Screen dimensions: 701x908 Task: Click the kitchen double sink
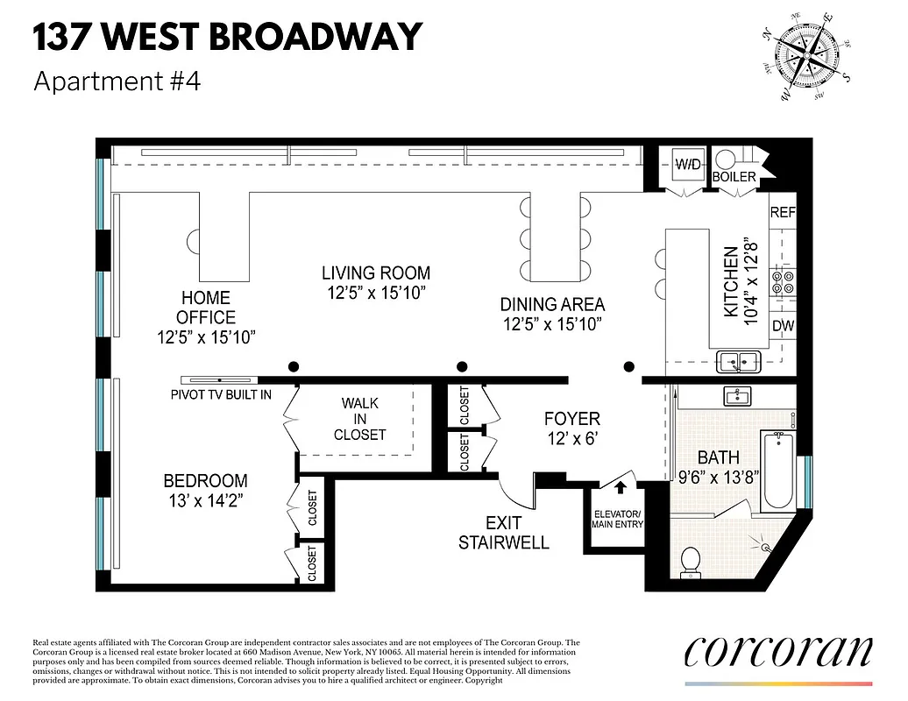coord(738,360)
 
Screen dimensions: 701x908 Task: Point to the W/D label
coord(686,163)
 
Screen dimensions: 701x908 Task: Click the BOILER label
coord(734,177)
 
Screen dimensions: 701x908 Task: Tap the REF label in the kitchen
coord(782,213)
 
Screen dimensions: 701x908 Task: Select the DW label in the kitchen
coord(782,326)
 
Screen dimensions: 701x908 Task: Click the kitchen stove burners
coord(782,280)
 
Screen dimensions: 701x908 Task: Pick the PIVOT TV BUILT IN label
coord(220,394)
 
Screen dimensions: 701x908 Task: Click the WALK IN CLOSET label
coord(359,419)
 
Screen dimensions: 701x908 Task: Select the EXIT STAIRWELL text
coord(504,533)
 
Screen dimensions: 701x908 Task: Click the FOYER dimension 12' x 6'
coord(571,440)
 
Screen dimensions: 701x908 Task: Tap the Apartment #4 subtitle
coord(117,81)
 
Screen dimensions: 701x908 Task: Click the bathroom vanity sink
coord(736,396)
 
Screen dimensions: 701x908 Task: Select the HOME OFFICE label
coord(206,308)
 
